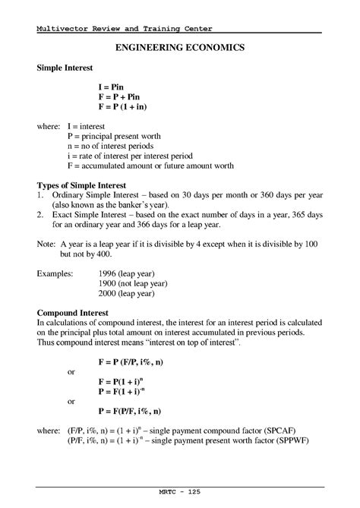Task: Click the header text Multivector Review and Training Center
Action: click(125, 29)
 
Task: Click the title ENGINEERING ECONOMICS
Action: click(179, 48)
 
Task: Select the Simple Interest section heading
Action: click(70, 68)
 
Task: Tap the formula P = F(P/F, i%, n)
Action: click(140, 411)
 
